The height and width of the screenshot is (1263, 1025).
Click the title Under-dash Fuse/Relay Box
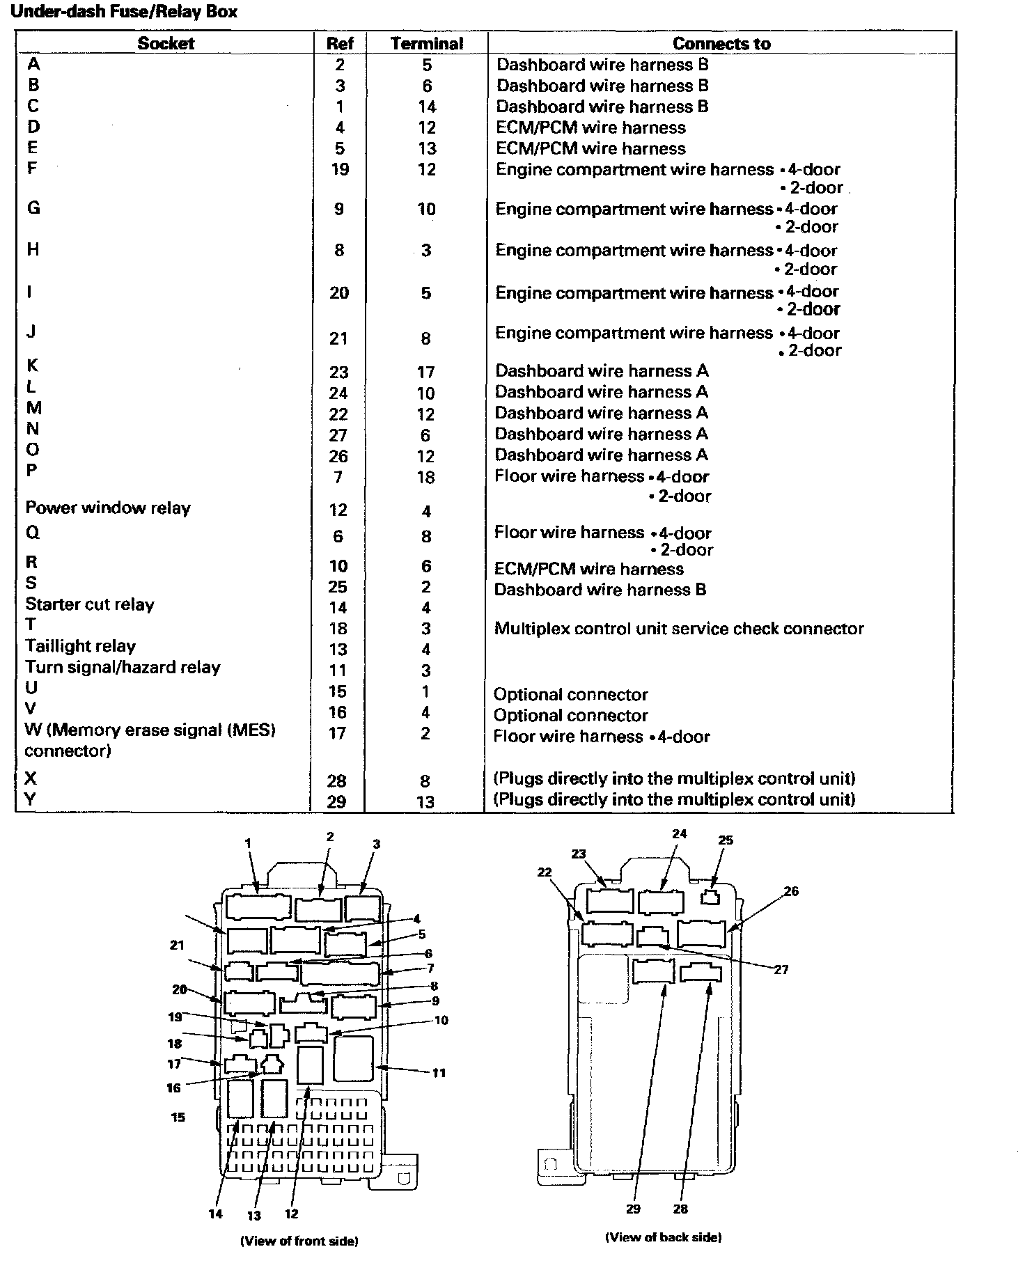click(125, 12)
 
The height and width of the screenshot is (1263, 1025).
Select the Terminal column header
click(426, 44)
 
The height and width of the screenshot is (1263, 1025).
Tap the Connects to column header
click(721, 44)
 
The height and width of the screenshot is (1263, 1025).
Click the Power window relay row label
click(108, 508)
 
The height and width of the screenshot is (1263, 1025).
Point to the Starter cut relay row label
click(90, 604)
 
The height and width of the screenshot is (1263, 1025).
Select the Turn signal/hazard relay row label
click(123, 667)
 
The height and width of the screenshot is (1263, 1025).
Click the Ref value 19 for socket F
click(339, 169)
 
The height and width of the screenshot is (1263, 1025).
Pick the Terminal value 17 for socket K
click(425, 372)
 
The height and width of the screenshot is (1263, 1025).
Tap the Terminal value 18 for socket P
click(425, 478)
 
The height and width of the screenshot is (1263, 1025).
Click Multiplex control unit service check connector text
click(679, 629)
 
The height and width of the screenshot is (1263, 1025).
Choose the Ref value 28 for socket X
click(337, 781)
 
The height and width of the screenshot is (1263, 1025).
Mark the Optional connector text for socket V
click(570, 715)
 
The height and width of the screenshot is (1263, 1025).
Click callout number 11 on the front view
click(439, 1073)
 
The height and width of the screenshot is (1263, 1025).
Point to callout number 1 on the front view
click(247, 843)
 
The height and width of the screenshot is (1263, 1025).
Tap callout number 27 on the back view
click(781, 969)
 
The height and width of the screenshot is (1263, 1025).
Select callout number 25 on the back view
click(726, 840)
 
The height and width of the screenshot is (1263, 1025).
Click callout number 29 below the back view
click(633, 1209)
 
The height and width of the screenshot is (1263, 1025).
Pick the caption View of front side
click(299, 1241)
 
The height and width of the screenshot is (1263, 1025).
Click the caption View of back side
click(663, 1237)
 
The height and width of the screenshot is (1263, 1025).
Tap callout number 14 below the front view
click(216, 1214)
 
